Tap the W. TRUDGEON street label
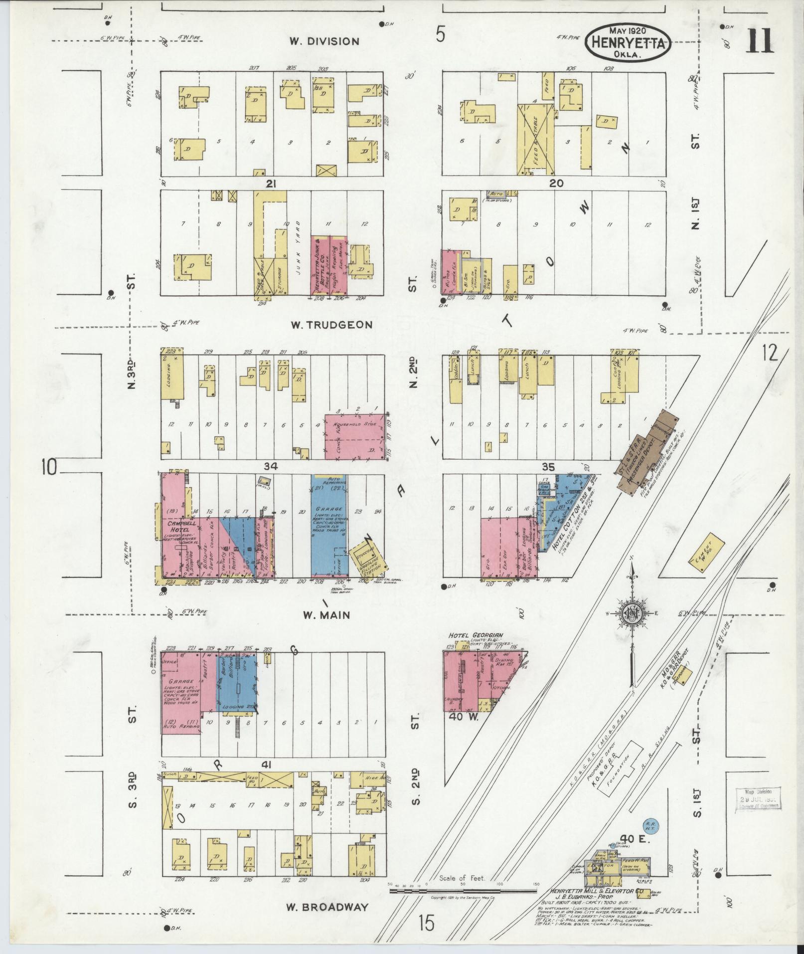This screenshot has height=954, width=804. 331,325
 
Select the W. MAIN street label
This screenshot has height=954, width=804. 327,615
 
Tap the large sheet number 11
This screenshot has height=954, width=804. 760,40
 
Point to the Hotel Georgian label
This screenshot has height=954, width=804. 476,635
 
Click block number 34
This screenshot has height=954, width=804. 271,466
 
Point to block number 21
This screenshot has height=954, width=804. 271,184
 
